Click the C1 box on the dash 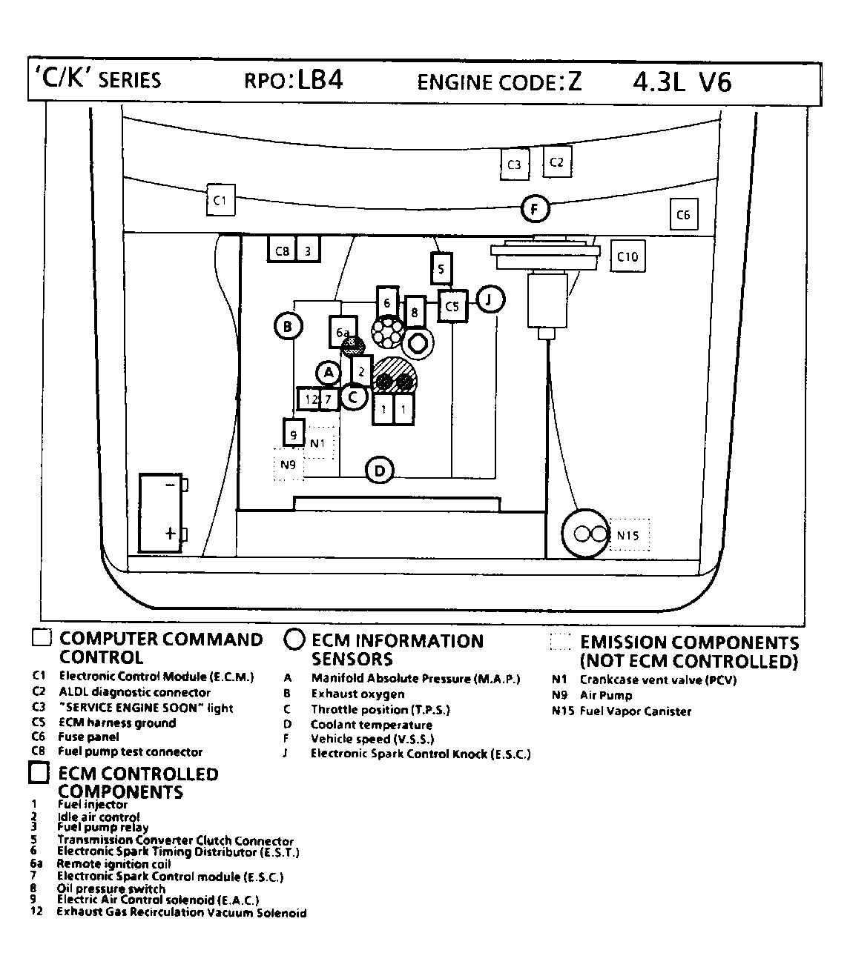point(220,199)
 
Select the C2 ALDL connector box point(556,162)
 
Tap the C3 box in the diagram point(514,165)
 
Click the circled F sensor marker point(534,209)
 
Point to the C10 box point(627,256)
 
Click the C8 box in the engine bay point(282,250)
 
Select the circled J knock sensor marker point(489,300)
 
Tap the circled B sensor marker point(288,326)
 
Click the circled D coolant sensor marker point(380,470)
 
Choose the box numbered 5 point(441,268)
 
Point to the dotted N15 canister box point(628,535)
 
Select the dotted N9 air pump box point(289,465)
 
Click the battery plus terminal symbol point(171,533)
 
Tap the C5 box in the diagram point(452,305)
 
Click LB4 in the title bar point(320,80)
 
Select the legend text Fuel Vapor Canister point(636,711)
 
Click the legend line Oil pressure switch point(111,889)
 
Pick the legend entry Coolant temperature point(371,725)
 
